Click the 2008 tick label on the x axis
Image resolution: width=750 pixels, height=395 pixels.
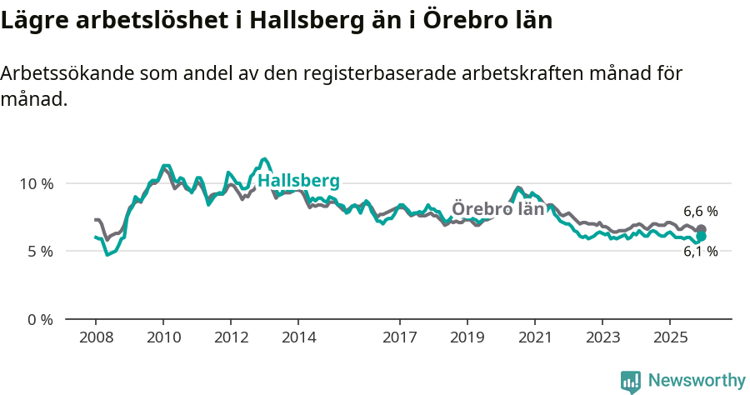coord(95,337)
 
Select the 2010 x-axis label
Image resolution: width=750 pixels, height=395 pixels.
coord(163,337)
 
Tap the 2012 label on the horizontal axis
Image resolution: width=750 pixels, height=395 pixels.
coord(231,337)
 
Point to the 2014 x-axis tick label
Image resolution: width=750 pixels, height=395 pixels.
coord(298,337)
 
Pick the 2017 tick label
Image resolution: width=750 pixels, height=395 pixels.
coord(400,337)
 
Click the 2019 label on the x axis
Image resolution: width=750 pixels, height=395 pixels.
coord(467,337)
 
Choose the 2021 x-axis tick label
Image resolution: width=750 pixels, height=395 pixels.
coord(535,337)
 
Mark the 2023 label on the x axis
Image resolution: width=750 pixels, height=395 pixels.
coord(602,337)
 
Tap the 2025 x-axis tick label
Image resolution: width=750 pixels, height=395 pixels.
coord(670,337)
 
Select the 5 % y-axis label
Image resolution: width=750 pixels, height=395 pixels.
coord(41,252)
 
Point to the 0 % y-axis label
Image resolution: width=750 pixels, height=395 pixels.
coord(41,320)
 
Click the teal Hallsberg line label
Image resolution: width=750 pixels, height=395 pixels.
coord(298,182)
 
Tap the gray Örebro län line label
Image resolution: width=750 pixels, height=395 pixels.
coord(497,209)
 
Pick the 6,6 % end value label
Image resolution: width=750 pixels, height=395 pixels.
coord(700,212)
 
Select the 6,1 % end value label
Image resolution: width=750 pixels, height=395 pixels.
coord(700,252)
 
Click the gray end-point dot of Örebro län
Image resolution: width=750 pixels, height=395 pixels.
coord(702,229)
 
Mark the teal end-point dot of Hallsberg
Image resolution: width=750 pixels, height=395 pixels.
coord(702,237)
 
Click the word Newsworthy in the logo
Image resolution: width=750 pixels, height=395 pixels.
coord(697,381)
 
